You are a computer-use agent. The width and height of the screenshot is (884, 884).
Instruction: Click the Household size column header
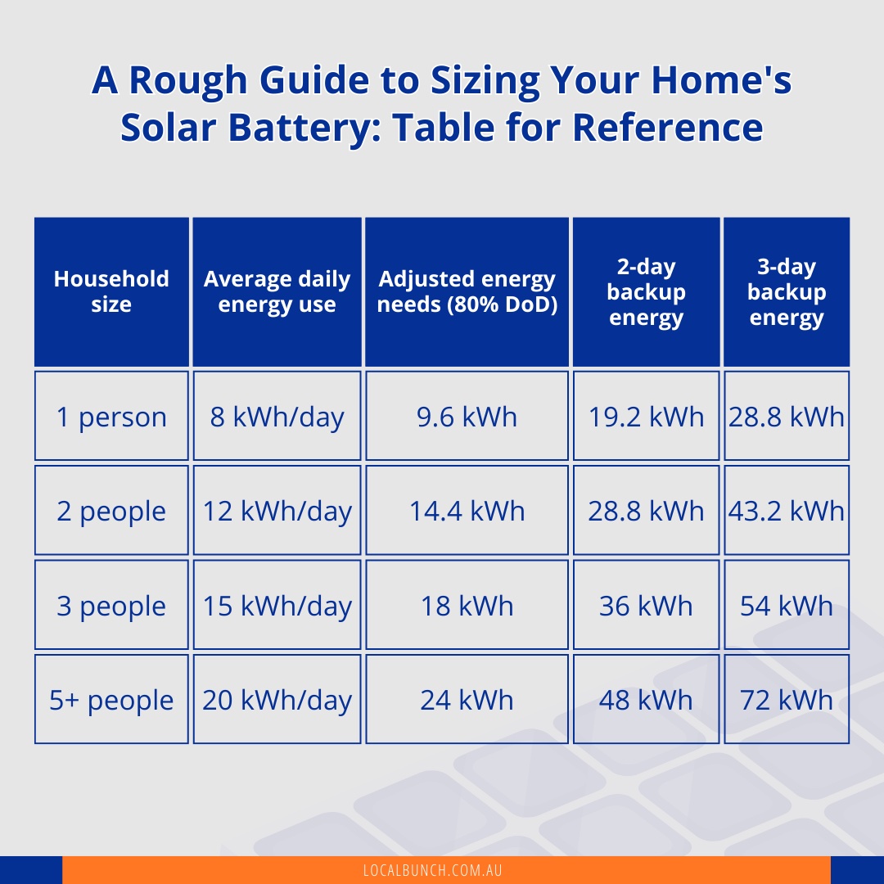(x=111, y=291)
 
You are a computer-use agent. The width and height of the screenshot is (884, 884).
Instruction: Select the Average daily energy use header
(x=277, y=291)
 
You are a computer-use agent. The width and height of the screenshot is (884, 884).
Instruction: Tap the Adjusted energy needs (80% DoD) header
(x=467, y=291)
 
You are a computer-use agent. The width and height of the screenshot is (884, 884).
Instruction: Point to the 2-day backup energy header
(x=646, y=291)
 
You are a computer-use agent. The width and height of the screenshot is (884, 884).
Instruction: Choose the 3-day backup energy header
(x=787, y=291)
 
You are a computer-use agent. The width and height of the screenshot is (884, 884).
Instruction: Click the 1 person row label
(x=111, y=417)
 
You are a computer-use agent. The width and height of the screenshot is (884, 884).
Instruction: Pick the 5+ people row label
(x=111, y=700)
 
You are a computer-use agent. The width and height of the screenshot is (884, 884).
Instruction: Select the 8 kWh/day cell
(x=277, y=417)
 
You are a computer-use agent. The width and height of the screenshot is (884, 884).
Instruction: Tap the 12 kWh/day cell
(x=277, y=511)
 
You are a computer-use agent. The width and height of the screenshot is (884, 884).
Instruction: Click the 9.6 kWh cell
(x=467, y=417)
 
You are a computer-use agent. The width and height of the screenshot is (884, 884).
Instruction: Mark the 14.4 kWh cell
(x=467, y=511)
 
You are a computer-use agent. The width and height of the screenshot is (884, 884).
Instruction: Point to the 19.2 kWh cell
(x=646, y=417)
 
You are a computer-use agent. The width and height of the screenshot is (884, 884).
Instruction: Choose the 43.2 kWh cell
(x=787, y=511)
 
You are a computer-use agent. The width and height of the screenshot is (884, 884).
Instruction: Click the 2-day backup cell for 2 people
(x=646, y=511)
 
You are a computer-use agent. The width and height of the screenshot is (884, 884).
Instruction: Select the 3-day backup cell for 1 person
(x=787, y=417)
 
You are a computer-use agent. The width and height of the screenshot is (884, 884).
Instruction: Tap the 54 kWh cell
(x=787, y=606)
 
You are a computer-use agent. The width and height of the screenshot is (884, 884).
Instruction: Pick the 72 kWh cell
(x=787, y=700)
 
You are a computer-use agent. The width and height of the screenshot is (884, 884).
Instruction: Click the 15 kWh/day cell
(x=277, y=606)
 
